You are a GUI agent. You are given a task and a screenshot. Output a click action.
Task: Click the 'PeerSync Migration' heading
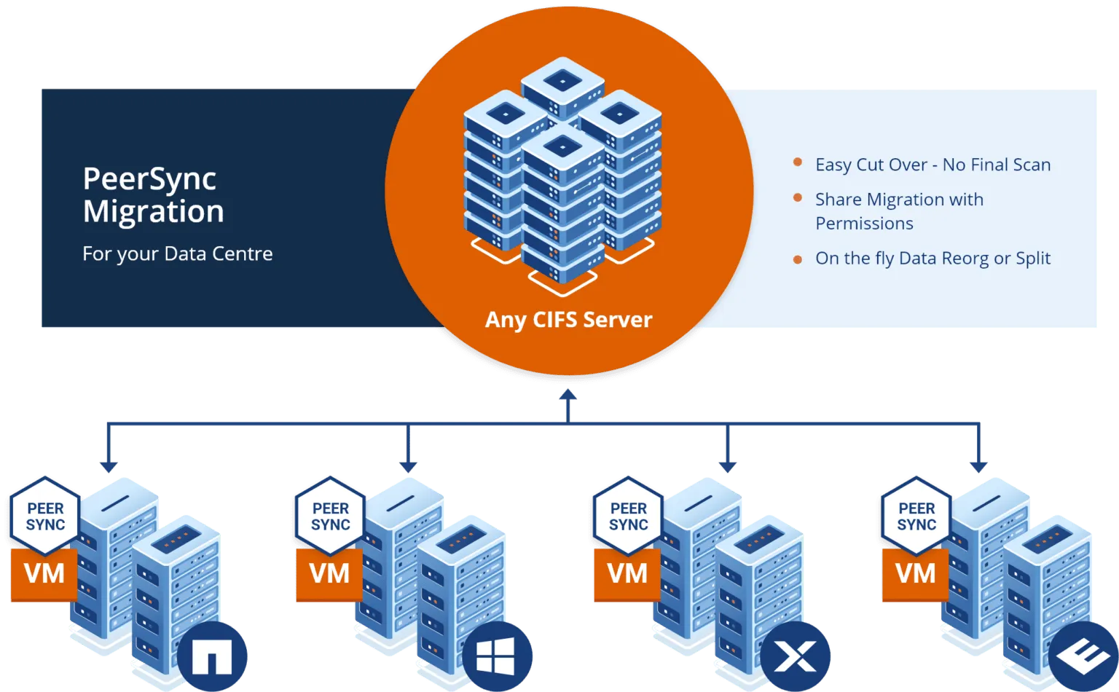click(x=153, y=195)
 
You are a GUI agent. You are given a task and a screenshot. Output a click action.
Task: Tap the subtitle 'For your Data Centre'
click(x=177, y=253)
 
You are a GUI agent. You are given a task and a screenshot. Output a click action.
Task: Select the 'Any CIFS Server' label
click(x=568, y=319)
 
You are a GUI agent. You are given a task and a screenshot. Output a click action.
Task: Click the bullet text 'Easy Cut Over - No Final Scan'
click(x=932, y=165)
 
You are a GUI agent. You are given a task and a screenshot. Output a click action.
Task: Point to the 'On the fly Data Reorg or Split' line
click(x=932, y=259)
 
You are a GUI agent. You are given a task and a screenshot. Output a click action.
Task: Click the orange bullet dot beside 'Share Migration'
click(x=798, y=198)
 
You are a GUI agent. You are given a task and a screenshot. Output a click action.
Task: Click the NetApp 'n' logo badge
click(x=211, y=657)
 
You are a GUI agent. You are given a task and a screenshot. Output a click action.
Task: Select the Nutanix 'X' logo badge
click(x=795, y=657)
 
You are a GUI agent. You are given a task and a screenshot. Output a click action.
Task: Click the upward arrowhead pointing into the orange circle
click(x=568, y=396)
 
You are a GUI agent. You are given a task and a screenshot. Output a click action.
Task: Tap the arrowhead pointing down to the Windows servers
click(x=409, y=465)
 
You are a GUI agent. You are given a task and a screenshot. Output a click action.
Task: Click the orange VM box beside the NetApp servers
click(x=44, y=574)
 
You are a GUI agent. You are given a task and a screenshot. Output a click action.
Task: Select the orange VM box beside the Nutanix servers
click(x=627, y=574)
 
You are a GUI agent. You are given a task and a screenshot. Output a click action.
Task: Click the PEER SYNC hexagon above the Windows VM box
click(x=330, y=516)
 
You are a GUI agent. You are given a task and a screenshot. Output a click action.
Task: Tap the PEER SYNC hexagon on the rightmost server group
click(x=916, y=516)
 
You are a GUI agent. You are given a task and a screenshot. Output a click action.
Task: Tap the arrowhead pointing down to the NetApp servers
click(x=109, y=465)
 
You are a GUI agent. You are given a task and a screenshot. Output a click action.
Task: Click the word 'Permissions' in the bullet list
click(x=864, y=224)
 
